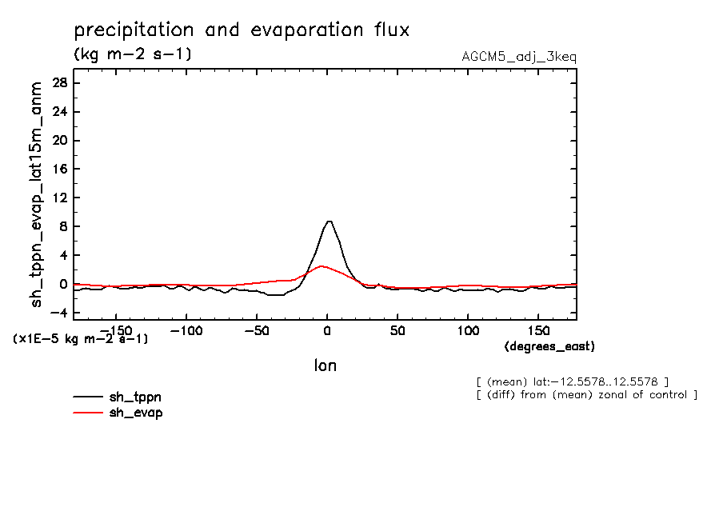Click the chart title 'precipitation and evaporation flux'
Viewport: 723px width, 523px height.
point(242,31)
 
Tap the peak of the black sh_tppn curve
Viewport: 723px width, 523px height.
point(328,221)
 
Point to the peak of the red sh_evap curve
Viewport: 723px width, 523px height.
point(322,266)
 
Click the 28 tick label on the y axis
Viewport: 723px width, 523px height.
point(58,83)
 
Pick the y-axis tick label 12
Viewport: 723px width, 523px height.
point(58,198)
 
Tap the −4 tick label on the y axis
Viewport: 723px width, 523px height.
point(55,313)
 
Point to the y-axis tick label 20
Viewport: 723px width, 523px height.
point(58,141)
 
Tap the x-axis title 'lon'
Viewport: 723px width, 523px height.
point(325,365)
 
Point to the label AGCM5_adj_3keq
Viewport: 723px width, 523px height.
point(519,57)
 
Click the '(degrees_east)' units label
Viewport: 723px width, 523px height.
point(549,346)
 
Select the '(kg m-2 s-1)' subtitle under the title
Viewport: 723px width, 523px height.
point(132,54)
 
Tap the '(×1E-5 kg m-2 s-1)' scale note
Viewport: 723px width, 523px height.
point(80,339)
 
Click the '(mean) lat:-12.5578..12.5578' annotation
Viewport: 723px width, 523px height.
point(572,381)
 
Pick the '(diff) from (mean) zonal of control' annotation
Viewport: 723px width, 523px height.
point(586,395)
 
